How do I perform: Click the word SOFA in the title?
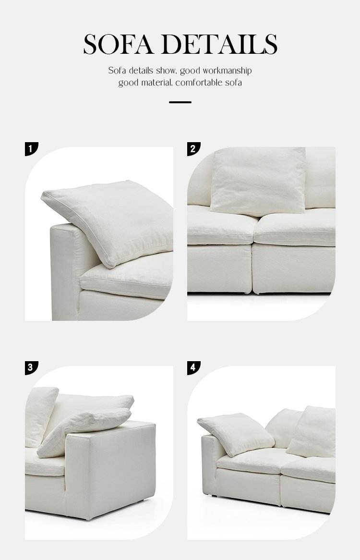[x=119, y=44]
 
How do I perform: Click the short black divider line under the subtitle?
[x=180, y=102]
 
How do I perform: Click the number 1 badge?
[x=31, y=148]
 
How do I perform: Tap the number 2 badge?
[x=193, y=148]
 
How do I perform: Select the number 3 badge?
[x=31, y=367]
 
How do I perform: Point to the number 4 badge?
[x=193, y=367]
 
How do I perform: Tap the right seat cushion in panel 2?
[x=295, y=228]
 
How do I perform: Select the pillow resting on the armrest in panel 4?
[x=236, y=434]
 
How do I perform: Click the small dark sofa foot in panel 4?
[x=214, y=496]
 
